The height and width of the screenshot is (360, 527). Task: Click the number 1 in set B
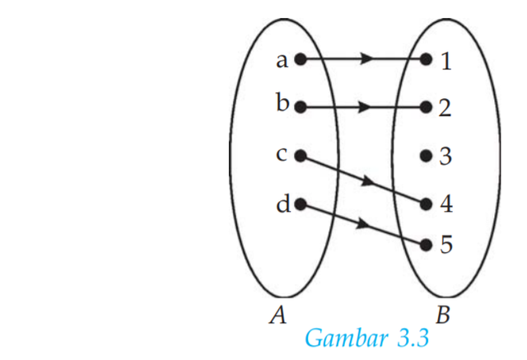tap(445, 61)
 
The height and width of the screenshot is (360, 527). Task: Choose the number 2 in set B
tap(445, 108)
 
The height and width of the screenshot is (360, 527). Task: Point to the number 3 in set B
tap(445, 156)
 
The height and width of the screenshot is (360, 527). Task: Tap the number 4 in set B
tap(445, 203)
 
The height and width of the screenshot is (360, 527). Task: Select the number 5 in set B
tap(445, 245)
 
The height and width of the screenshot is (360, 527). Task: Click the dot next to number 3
tap(426, 155)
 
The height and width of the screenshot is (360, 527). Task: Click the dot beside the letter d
tap(300, 203)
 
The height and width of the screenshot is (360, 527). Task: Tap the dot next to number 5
tap(426, 245)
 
